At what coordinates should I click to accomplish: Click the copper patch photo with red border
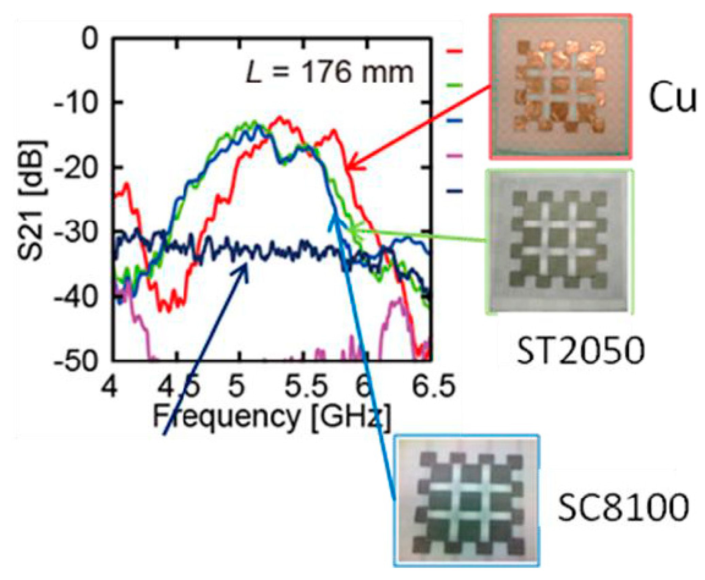(x=560, y=87)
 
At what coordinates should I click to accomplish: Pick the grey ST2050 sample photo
(x=559, y=242)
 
